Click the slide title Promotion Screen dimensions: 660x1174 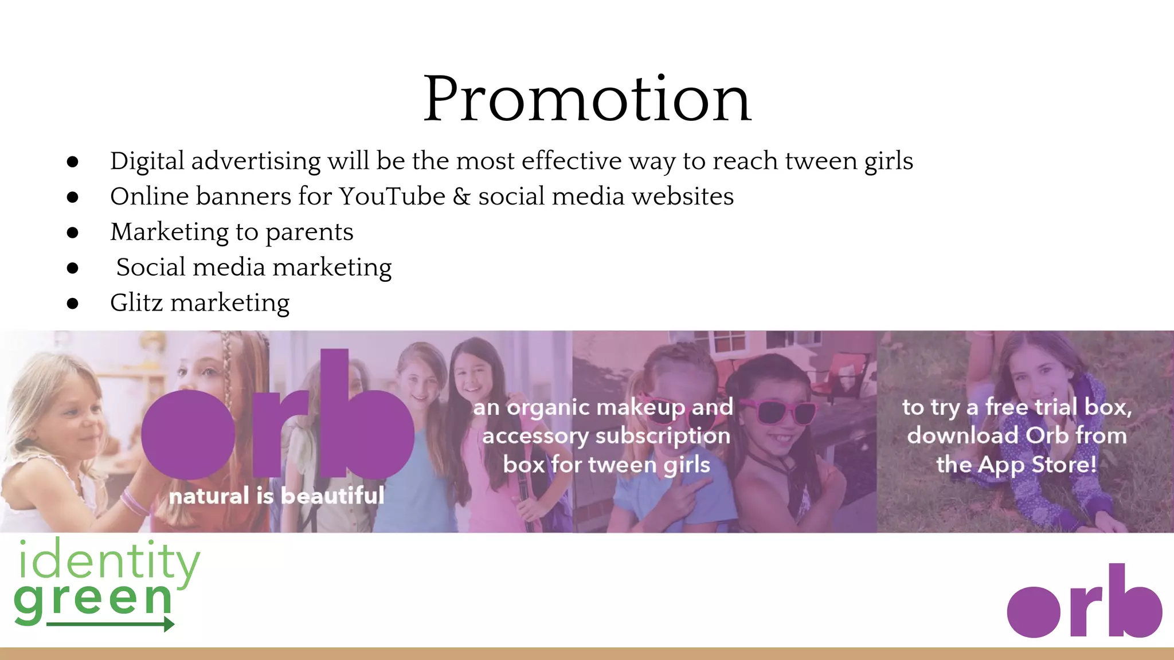(x=587, y=100)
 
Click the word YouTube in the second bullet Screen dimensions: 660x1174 (x=392, y=197)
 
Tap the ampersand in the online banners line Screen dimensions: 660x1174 (x=461, y=197)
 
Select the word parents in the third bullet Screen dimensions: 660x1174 (x=309, y=233)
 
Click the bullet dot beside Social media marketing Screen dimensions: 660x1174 (x=72, y=268)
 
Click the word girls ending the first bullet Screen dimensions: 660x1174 (x=889, y=162)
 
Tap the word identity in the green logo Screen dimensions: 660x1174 (x=109, y=560)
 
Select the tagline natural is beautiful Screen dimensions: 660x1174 (x=276, y=496)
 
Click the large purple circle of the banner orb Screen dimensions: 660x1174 (x=188, y=434)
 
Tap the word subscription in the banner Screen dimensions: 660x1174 (x=663, y=436)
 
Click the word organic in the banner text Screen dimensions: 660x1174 (x=549, y=407)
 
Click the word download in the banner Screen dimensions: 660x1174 (x=963, y=435)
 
